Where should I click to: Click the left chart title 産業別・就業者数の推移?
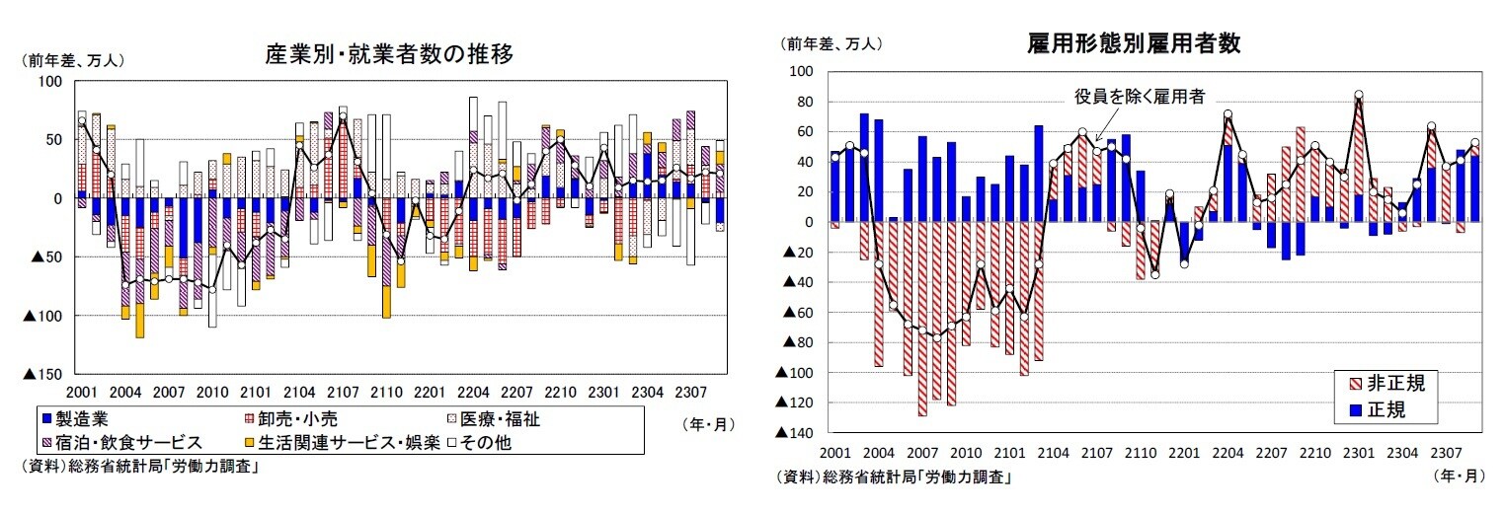pyautogui.click(x=389, y=55)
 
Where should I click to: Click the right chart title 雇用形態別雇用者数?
pyautogui.click(x=1133, y=43)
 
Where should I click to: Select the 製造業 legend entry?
pyautogui.click(x=81, y=419)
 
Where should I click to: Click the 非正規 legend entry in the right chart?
pyautogui.click(x=1393, y=384)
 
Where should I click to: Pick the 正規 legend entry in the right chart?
pyautogui.click(x=1386, y=408)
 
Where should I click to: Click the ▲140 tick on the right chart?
pyautogui.click(x=795, y=433)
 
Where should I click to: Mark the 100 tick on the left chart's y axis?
pyautogui.click(x=48, y=81)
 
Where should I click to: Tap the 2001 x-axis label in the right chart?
pyautogui.click(x=835, y=453)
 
